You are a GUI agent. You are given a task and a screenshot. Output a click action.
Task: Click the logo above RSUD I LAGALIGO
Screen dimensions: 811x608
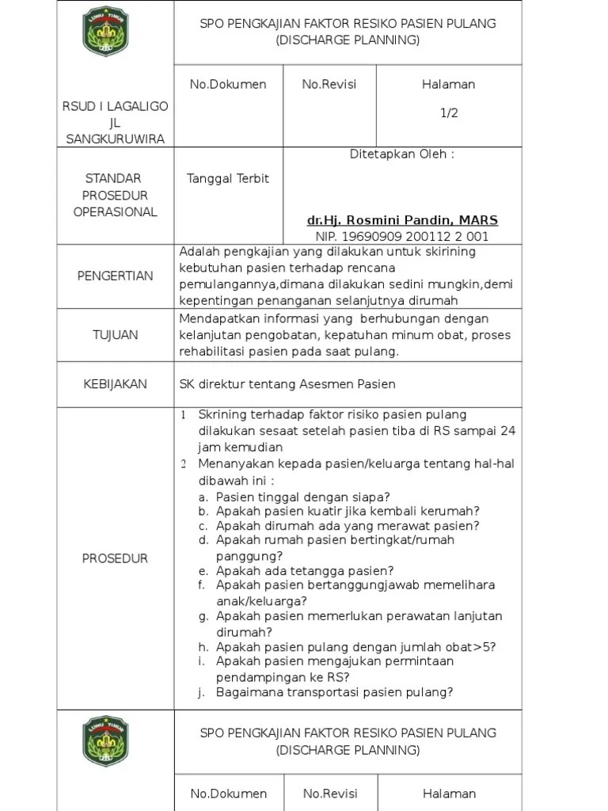(x=105, y=32)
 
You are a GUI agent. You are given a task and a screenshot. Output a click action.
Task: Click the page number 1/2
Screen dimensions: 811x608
(x=449, y=113)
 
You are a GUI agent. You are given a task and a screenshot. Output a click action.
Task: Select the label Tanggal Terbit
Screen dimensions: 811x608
(x=227, y=179)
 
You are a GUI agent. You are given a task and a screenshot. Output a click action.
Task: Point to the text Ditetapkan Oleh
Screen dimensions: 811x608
(x=401, y=154)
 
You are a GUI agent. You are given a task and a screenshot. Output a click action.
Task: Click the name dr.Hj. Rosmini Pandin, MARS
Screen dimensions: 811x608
(x=402, y=220)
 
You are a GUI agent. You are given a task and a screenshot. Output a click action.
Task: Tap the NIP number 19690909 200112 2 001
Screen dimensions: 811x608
(x=401, y=236)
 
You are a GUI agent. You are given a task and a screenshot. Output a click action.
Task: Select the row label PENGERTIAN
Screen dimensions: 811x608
(x=115, y=276)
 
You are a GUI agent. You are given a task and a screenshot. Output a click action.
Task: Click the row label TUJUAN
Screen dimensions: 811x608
(x=115, y=335)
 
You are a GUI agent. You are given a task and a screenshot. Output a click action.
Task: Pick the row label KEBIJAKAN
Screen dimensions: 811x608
(x=115, y=384)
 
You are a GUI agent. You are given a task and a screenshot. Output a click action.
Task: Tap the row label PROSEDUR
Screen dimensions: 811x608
(x=115, y=559)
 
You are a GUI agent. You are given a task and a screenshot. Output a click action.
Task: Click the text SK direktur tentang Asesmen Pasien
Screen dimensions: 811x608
(x=287, y=384)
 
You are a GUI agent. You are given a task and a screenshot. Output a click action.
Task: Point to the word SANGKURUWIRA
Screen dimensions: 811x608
(x=115, y=139)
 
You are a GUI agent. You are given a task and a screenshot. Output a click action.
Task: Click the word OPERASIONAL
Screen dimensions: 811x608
(x=115, y=212)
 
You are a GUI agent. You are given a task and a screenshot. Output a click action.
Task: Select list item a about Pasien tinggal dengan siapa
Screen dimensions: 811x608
(x=302, y=497)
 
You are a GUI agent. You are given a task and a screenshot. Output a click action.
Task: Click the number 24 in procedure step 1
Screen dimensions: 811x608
(x=509, y=431)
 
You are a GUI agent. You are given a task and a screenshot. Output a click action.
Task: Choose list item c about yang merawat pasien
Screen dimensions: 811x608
(x=348, y=526)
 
